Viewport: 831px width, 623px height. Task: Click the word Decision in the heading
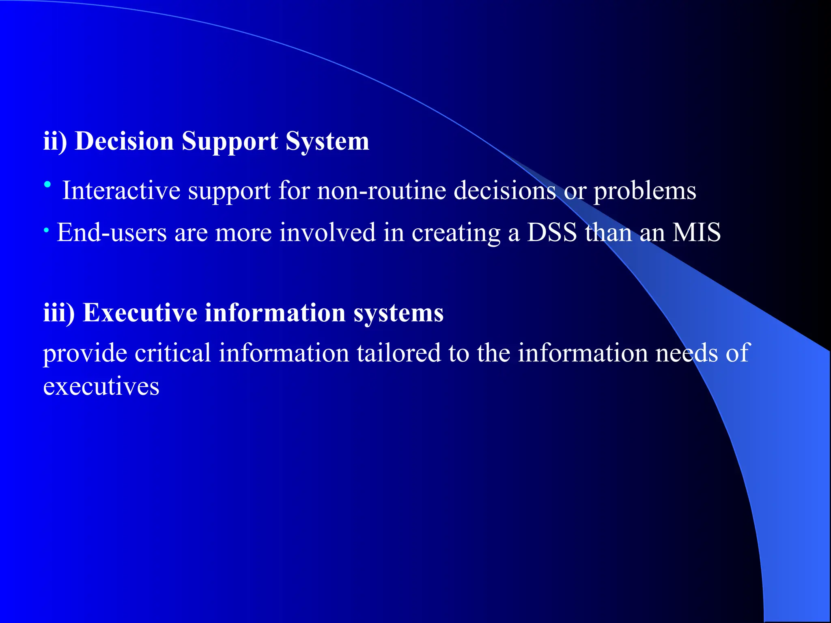pos(124,142)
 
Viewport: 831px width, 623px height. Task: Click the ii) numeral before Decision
pos(55,142)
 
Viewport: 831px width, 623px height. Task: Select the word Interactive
pos(121,191)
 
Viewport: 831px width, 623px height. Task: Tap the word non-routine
pos(381,191)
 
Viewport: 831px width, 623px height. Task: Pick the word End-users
pos(112,233)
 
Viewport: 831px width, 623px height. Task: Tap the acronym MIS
pos(696,233)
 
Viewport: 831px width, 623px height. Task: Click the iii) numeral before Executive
pos(59,313)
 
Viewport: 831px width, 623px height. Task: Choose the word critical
pos(172,353)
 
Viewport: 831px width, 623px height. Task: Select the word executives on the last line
pos(101,387)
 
